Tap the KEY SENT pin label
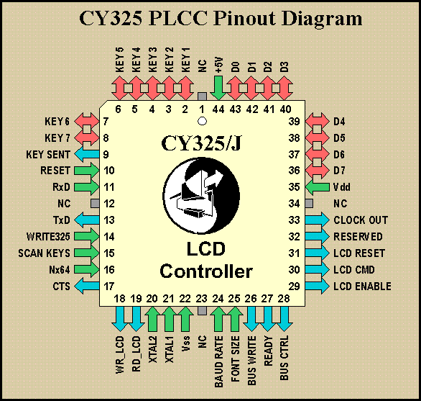click(48, 155)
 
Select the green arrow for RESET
click(87, 171)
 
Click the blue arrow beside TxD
click(87, 220)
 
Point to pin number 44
click(218, 109)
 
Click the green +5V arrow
click(218, 88)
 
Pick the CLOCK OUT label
click(361, 220)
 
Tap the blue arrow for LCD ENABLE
click(317, 287)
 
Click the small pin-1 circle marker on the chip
click(202, 121)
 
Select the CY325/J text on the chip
click(201, 143)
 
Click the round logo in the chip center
click(201, 195)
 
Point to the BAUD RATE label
click(219, 361)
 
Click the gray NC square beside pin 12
click(95, 204)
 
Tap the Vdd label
click(342, 187)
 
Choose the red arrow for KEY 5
click(119, 88)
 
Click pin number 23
click(201, 299)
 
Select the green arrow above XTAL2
click(152, 319)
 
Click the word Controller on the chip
click(206, 271)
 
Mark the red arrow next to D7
click(317, 171)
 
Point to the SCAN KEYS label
click(44, 253)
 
